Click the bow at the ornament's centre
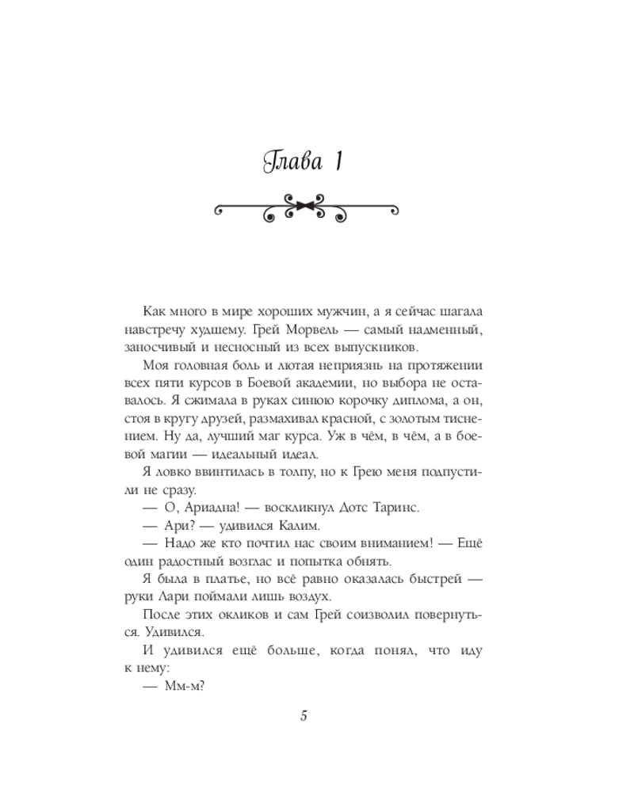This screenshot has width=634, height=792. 305,209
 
